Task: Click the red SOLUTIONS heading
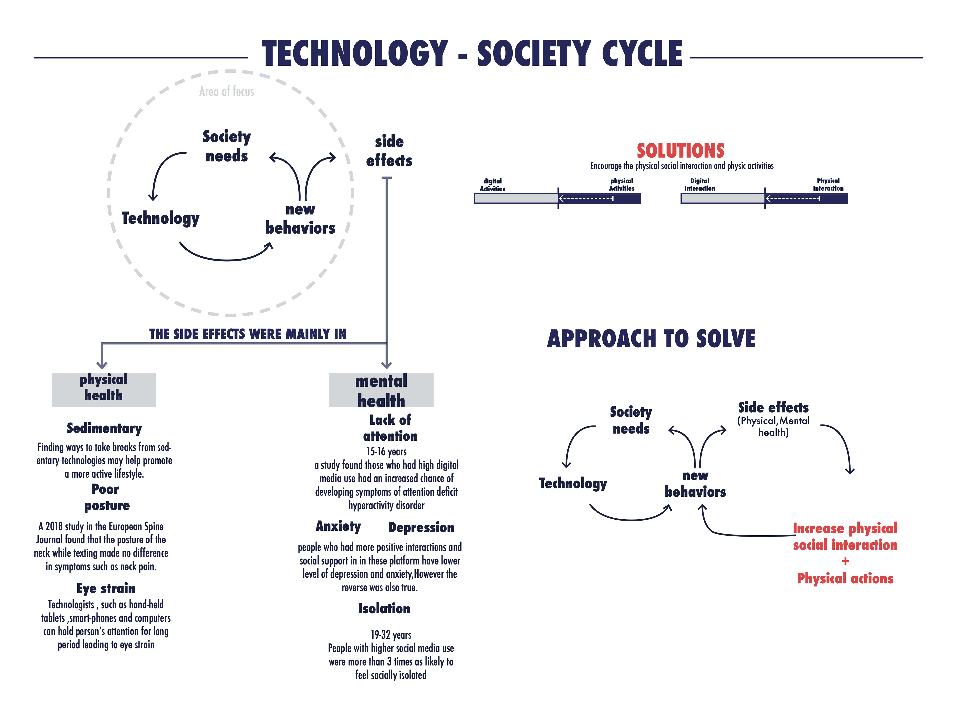click(680, 151)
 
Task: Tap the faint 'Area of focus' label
click(227, 91)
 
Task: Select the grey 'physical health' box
click(103, 389)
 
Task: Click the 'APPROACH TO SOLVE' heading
click(651, 339)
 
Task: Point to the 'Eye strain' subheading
click(106, 588)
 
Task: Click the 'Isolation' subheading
click(384, 609)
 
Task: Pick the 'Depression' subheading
click(421, 527)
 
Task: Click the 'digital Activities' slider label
click(492, 185)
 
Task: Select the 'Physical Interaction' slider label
click(828, 184)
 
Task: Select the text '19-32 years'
click(391, 635)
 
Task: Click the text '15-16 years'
click(386, 451)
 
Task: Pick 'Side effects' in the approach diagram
click(773, 407)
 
